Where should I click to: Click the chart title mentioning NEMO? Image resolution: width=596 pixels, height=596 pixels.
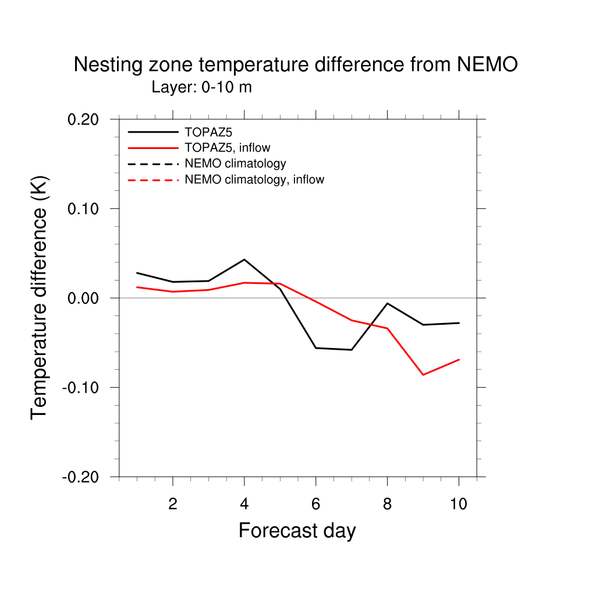tap(295, 65)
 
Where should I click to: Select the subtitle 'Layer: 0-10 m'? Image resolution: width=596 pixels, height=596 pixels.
tap(201, 87)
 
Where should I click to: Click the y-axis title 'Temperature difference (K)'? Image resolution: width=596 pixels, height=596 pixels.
tap(39, 297)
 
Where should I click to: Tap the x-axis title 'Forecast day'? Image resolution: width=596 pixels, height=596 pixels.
tap(297, 530)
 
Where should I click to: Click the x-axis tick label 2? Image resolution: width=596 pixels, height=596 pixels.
tap(173, 504)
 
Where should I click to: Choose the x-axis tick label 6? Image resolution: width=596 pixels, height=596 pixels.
tap(316, 504)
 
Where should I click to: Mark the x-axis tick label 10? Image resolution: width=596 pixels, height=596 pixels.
tap(459, 504)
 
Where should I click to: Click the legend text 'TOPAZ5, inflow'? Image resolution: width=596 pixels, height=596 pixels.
tap(227, 148)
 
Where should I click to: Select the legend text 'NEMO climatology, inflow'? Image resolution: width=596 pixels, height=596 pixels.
tap(254, 179)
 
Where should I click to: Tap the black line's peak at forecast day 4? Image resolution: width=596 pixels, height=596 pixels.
tap(244, 259)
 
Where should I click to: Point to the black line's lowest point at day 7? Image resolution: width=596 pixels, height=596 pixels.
tap(352, 350)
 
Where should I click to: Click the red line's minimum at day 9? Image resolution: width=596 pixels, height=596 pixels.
tap(423, 375)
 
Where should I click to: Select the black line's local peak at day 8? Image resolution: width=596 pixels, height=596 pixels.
tap(388, 303)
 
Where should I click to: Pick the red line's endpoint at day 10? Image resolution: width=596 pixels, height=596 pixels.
tap(459, 359)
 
